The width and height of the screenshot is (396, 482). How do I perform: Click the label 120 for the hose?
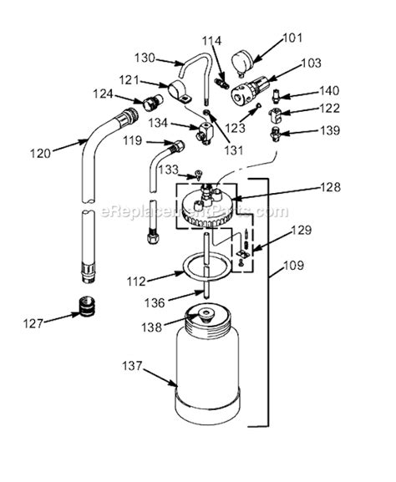click(x=39, y=153)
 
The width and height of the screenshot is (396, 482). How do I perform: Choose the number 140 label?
click(x=329, y=91)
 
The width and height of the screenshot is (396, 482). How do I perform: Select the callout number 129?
click(x=302, y=230)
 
